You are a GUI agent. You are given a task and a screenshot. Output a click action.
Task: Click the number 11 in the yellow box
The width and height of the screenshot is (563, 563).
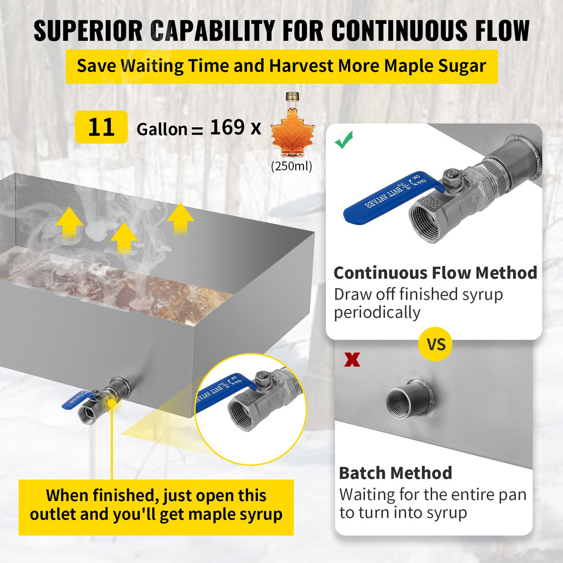pos(101,127)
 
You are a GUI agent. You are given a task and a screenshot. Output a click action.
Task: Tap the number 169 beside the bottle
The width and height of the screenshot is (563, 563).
pos(228,127)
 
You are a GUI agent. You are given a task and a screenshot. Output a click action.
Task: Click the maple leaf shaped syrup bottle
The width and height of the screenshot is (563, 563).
pos(292,132)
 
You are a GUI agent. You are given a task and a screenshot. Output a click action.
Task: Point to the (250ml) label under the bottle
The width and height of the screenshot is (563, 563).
pos(292,166)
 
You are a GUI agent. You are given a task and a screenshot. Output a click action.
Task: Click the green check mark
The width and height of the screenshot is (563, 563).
pos(344,140)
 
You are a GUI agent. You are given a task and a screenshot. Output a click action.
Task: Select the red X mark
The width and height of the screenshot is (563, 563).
pos(352,360)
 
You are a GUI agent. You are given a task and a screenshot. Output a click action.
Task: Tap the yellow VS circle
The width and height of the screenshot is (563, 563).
pos(435,344)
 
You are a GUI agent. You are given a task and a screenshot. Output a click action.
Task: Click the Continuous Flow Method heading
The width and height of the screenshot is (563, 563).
pos(435,273)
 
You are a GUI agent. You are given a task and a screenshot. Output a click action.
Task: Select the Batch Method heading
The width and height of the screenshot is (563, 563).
pos(395,473)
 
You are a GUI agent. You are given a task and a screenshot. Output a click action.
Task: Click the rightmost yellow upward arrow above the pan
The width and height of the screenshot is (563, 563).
pos(180,218)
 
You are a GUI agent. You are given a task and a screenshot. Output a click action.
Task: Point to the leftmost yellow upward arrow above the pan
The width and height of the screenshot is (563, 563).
pos(69,222)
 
